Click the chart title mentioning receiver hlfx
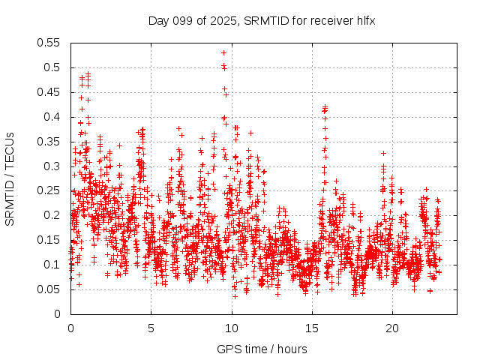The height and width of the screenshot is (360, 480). coord(262,21)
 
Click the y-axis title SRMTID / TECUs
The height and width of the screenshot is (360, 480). coord(10,178)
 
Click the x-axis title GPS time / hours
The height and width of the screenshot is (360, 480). coord(262,349)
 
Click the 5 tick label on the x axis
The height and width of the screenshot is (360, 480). coord(151,328)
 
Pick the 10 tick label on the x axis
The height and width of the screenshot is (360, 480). coord(231,328)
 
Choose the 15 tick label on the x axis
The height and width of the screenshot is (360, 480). coord(312,328)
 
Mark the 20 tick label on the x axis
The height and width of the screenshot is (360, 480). coord(392,328)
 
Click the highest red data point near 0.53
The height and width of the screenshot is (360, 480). coord(224,52)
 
